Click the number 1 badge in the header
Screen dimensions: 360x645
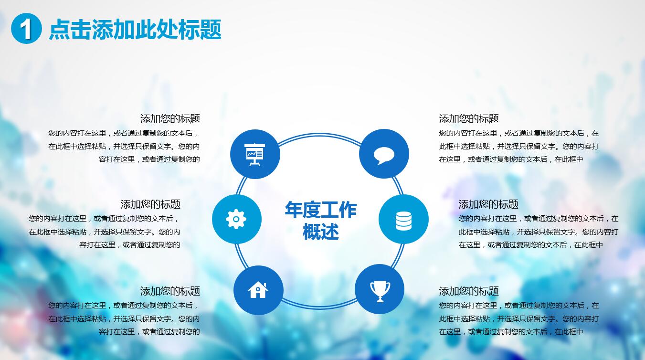tap(26, 29)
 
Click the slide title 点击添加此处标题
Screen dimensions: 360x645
tap(135, 30)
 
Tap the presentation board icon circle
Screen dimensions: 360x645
tap(255, 154)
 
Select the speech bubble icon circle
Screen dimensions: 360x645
tap(384, 154)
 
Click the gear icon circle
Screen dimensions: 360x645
tap(236, 219)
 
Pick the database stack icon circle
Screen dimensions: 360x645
tap(403, 220)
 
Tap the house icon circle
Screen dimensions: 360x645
tap(258, 290)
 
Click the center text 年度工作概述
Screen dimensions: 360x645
tap(320, 221)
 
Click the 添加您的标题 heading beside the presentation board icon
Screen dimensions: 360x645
tap(170, 119)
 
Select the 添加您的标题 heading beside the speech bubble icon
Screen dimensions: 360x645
tap(469, 119)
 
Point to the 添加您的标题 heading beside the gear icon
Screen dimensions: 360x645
tap(150, 204)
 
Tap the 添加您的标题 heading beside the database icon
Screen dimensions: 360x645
tap(488, 204)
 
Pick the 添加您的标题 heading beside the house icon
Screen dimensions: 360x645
tap(170, 291)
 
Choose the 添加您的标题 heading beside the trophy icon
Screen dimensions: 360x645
tap(469, 291)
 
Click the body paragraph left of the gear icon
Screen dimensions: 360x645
tap(105, 232)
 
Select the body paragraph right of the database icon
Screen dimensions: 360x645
tap(538, 232)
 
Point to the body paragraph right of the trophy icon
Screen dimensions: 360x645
tap(518, 318)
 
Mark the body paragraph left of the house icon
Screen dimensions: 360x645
tap(124, 318)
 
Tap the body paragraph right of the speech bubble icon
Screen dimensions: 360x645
tap(518, 146)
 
